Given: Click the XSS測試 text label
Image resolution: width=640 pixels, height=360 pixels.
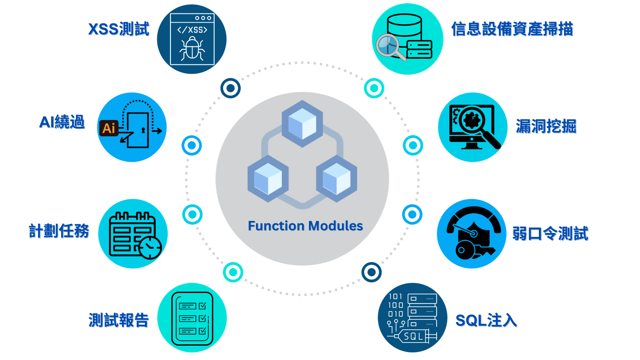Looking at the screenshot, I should click(119, 29).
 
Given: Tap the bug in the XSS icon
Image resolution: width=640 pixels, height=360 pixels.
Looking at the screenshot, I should click(192, 49).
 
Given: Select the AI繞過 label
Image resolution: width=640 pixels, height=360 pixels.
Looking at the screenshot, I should click(62, 122).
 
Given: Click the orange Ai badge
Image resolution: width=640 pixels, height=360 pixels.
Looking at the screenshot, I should click(109, 128).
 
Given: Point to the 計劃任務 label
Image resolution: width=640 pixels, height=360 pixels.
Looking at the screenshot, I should click(59, 231).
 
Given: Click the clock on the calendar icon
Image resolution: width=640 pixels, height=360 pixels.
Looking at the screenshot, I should click(150, 247).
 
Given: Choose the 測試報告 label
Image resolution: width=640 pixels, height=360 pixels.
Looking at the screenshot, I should click(119, 320).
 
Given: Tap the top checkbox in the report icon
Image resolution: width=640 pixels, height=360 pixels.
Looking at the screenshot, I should click(202, 306).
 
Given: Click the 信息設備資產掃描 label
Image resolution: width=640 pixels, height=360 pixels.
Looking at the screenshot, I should click(512, 29).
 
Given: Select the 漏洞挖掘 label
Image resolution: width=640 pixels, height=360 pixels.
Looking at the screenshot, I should click(546, 126).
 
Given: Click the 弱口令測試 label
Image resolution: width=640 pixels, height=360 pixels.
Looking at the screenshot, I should click(550, 233).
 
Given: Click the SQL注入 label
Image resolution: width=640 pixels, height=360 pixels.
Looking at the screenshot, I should click(486, 320).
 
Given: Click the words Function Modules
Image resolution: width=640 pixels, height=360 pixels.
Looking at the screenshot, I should click(305, 226).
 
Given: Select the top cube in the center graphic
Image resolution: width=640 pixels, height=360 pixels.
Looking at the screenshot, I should click(302, 123).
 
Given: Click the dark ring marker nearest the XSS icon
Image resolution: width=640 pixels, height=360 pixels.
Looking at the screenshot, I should click(230, 88).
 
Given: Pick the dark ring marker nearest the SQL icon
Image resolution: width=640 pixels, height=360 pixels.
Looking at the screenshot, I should click(371, 272).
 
